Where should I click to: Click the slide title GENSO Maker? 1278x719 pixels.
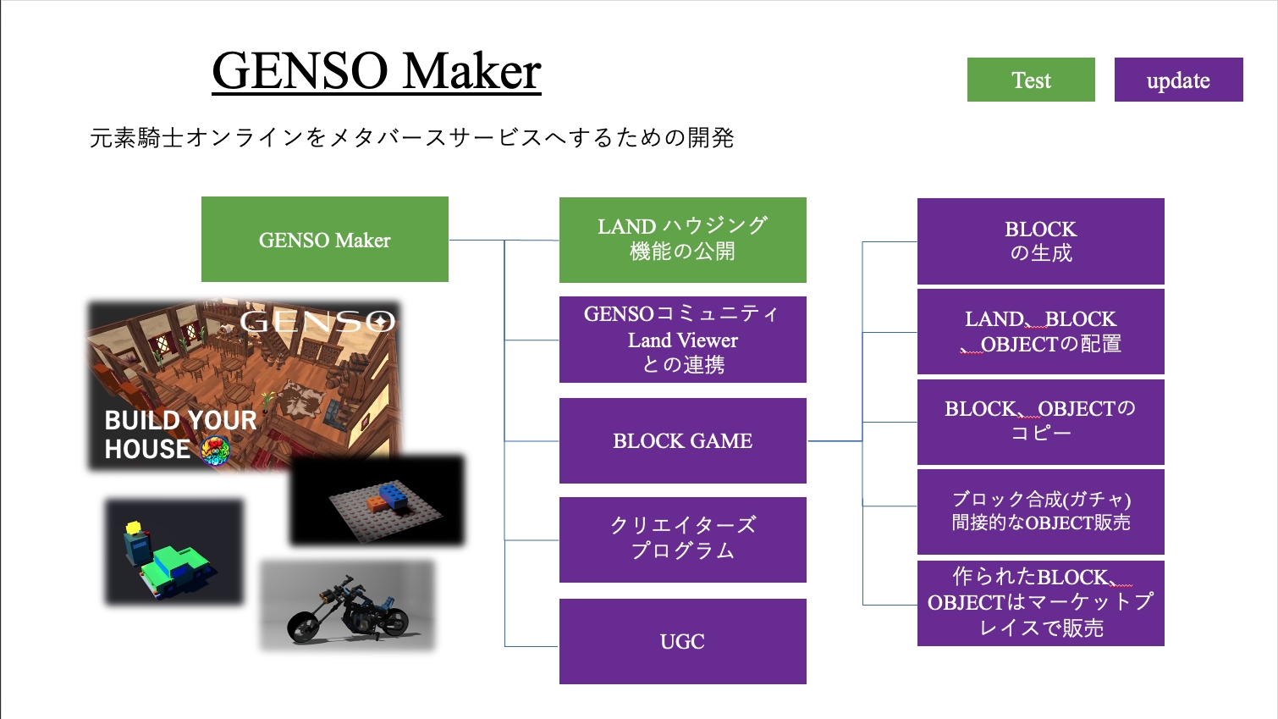(x=377, y=71)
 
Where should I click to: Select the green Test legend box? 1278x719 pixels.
(x=1031, y=80)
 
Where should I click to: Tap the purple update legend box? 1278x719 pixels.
(x=1179, y=80)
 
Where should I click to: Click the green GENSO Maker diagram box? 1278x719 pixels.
(x=325, y=240)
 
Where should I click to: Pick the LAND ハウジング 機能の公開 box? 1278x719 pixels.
(x=682, y=240)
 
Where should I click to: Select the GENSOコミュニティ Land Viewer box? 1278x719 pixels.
(x=682, y=340)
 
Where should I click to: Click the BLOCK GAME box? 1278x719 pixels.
(x=682, y=441)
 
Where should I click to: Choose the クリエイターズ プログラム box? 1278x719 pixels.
(x=682, y=539)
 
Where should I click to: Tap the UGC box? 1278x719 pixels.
(x=682, y=641)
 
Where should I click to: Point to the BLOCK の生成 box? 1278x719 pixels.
(x=1041, y=241)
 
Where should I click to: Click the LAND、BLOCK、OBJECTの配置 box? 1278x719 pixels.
(x=1041, y=331)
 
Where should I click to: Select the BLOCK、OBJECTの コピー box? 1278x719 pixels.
(x=1041, y=422)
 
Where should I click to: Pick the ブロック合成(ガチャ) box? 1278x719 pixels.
(x=1041, y=512)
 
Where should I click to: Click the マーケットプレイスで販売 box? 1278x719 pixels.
(x=1041, y=603)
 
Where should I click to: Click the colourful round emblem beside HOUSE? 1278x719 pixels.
(x=216, y=451)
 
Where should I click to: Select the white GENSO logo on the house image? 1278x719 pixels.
(x=317, y=322)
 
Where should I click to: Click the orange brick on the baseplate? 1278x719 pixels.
(x=377, y=504)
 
